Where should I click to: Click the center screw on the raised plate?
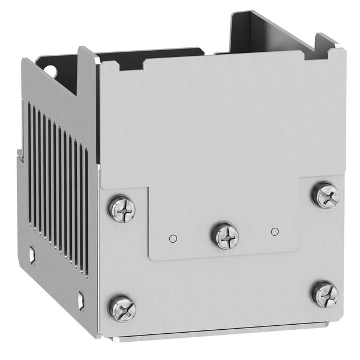coord(225,235)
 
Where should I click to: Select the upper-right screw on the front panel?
coord(325,195)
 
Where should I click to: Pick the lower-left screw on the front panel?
coord(122,308)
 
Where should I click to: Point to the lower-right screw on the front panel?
coord(325,294)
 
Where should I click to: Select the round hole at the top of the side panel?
coord(50,71)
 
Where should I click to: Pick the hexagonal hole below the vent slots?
coord(81,298)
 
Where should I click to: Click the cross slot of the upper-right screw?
coord(325,195)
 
